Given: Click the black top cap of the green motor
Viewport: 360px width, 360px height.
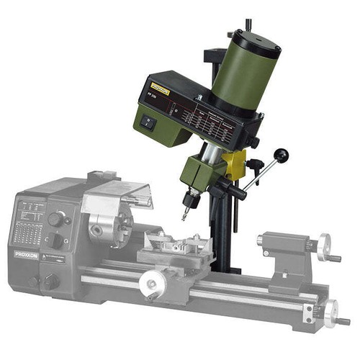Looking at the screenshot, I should tap(258, 42).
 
